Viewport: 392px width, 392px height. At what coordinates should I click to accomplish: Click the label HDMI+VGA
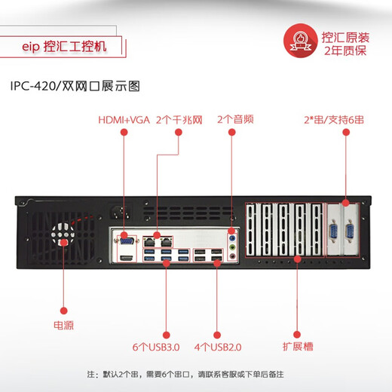(124, 120)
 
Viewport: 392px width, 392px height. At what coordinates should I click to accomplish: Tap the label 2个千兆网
(179, 120)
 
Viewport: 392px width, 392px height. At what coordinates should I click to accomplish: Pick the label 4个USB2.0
(218, 347)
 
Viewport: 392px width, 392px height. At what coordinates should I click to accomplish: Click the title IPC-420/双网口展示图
(75, 85)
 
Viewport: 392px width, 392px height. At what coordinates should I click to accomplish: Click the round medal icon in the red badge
(300, 41)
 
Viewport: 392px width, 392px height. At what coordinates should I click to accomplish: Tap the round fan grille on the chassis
(63, 234)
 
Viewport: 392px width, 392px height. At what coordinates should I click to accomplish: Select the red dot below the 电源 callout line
(63, 310)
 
